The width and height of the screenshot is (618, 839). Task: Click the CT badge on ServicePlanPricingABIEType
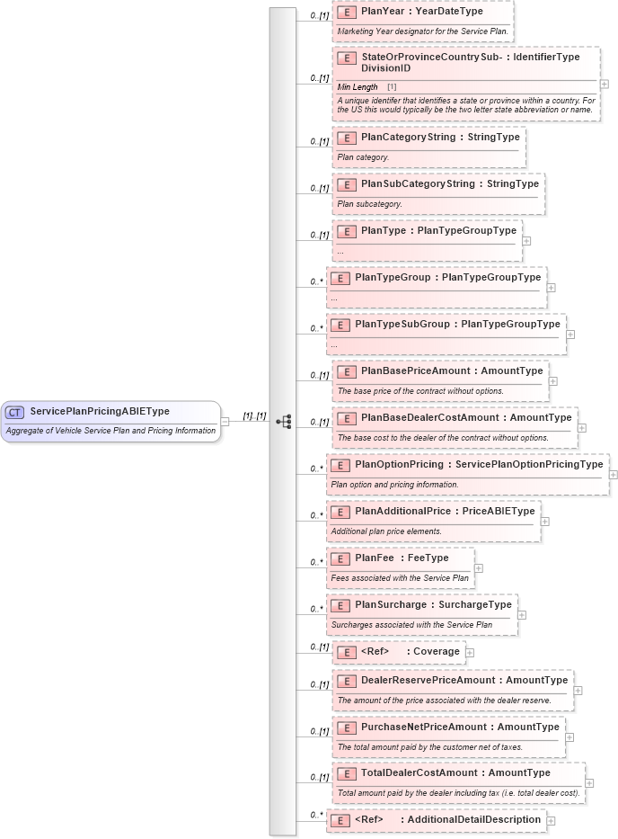coord(14,412)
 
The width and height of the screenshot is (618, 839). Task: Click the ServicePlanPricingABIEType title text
coord(100,412)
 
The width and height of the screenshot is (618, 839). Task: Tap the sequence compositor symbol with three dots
coord(284,421)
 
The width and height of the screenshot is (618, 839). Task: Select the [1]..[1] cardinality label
coord(254,415)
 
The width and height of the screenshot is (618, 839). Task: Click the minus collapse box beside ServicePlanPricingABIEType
coord(225,421)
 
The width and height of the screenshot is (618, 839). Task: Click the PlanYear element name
coord(382,11)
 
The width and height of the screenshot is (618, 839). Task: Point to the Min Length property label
coord(358,87)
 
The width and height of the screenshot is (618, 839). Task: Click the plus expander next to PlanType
coord(526,241)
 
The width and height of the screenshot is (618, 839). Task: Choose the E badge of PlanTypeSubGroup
coord(340,325)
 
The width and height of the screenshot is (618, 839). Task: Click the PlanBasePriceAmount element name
coord(415,370)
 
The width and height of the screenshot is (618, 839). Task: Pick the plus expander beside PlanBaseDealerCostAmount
coord(582,428)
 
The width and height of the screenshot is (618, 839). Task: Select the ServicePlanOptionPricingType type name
coord(529,464)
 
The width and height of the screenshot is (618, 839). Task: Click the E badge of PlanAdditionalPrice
coord(340,512)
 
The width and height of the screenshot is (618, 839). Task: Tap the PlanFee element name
coord(375,558)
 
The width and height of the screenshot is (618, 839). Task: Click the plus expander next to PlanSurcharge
coord(522,615)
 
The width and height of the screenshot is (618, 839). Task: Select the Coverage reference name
coord(436,651)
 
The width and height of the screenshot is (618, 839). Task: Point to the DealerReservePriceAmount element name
coord(428,680)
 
